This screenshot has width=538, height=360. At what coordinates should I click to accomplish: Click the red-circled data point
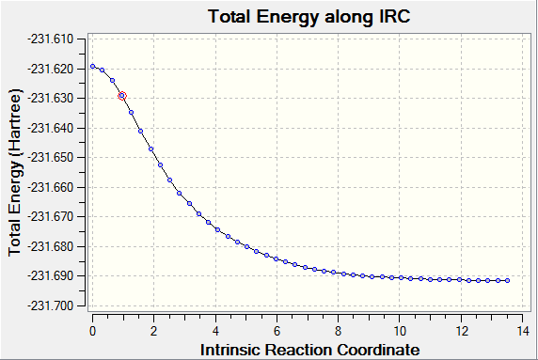122,96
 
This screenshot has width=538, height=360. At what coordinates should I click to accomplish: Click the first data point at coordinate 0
92,66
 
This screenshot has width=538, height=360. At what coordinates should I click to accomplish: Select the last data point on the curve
508,280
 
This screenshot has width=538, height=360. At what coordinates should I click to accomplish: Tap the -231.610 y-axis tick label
51,39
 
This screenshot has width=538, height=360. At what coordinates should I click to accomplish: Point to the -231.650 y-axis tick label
51,157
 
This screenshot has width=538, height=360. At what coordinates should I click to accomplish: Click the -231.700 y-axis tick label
51,305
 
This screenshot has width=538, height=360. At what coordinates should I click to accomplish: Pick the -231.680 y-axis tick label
51,246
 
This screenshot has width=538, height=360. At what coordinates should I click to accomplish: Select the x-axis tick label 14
523,331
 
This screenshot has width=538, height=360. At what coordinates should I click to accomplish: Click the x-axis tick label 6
277,331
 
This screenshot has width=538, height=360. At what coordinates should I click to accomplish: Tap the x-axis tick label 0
92,331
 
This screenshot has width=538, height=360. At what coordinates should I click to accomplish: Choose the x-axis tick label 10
400,331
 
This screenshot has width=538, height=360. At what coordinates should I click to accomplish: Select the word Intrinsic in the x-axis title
229,350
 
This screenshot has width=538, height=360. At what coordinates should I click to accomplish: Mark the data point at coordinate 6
277,258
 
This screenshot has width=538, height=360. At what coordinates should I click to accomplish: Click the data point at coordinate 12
459,280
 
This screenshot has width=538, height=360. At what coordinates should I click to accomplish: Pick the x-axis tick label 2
153,331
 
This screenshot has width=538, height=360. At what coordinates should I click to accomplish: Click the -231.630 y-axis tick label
51,98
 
